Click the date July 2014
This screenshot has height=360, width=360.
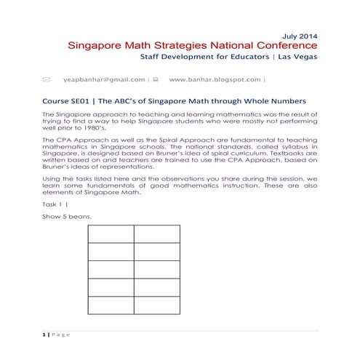coord(298,35)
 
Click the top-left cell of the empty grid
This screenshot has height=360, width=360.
coord(111,234)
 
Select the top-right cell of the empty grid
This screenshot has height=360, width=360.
coord(157,234)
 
